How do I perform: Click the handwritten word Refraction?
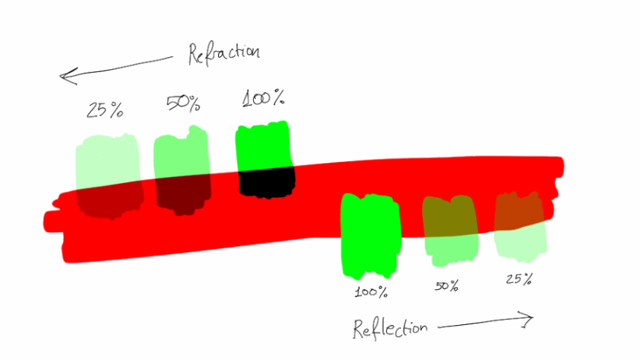[224, 54]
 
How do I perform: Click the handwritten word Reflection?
[390, 329]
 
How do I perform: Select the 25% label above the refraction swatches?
[104, 110]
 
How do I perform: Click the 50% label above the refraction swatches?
[183, 103]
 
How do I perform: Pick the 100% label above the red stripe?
[263, 98]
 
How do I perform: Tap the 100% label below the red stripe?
[371, 292]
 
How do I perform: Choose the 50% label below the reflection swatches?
[446, 286]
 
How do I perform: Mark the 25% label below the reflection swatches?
[519, 279]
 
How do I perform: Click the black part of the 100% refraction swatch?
[267, 182]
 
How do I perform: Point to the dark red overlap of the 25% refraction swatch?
[110, 201]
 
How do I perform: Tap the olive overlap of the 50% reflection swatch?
[449, 216]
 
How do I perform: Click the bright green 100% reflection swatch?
[371, 236]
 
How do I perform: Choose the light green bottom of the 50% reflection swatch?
[452, 249]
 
